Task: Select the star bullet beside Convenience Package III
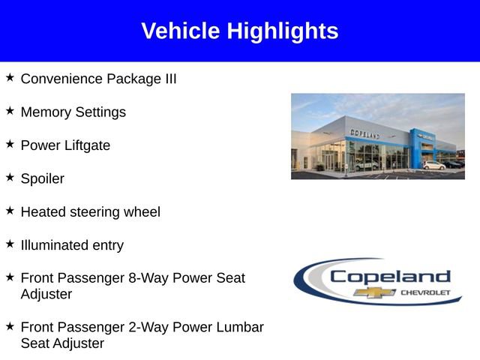pos(10,77)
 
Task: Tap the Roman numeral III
pos(169,79)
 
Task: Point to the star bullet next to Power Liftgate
pos(10,144)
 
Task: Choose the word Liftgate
pos(85,145)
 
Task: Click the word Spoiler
pos(42,179)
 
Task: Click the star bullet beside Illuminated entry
pos(10,244)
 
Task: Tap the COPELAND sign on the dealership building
pos(364,133)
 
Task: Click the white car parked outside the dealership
pos(433,165)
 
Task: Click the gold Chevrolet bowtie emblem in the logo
pos(370,292)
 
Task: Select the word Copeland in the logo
pos(389,276)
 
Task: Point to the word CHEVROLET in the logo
pos(425,292)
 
